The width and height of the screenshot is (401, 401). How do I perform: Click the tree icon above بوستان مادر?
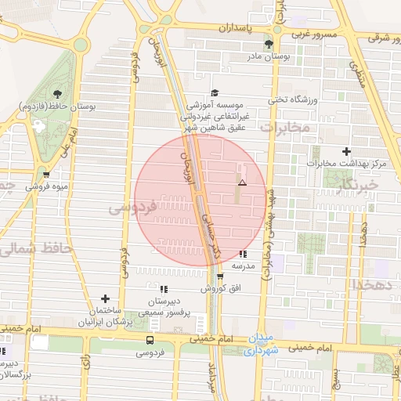coord(269,44)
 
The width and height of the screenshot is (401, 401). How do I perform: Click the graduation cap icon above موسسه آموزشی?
coord(215,91)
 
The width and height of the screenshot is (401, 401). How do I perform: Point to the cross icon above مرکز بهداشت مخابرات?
coord(347,150)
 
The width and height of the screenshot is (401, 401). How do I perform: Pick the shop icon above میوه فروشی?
coord(48,175)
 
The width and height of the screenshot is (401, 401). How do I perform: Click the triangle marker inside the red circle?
coord(242,182)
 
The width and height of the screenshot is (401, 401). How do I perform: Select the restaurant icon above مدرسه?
coord(244,254)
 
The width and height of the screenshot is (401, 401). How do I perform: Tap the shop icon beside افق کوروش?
coord(220,276)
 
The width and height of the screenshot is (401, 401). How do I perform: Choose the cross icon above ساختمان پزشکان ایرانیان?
coord(105,298)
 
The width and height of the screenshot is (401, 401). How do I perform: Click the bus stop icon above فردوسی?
coord(150,340)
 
